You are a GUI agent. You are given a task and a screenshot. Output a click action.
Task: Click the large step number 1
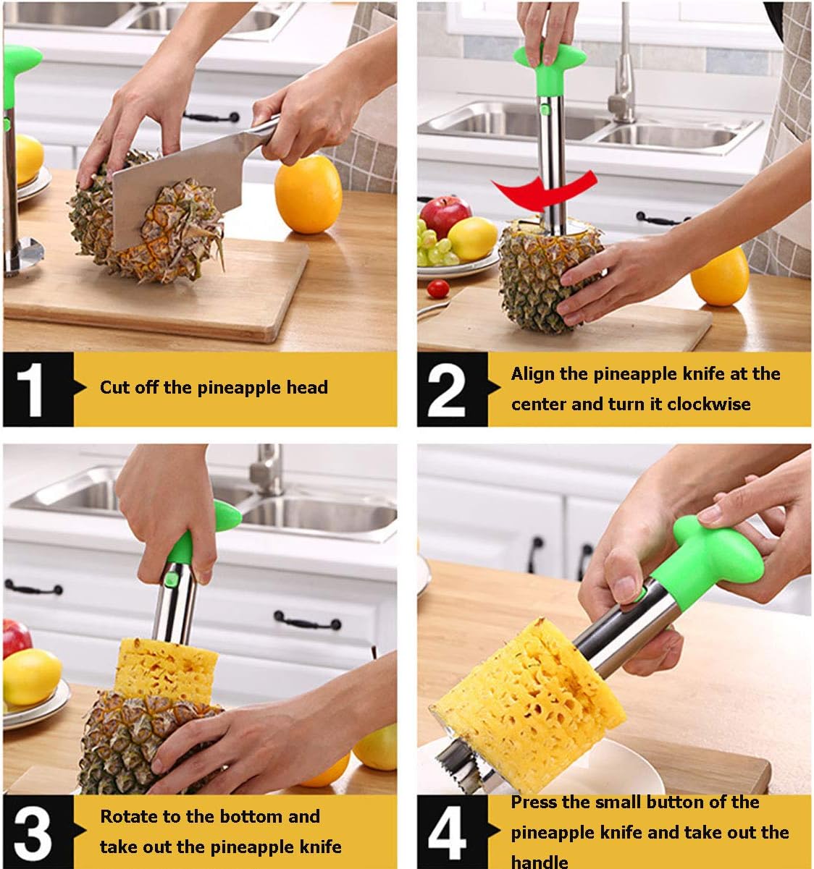pos(30,389)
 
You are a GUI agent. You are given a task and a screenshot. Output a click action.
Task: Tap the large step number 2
pos(446,389)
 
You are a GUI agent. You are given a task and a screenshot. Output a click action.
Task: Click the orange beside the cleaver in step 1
pos(308,195)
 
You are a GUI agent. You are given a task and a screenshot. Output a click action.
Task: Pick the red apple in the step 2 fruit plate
pos(445,216)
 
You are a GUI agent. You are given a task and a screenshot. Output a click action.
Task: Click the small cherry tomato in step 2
pos(438,289)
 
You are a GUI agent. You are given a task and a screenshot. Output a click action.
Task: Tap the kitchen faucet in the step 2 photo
pos(622,66)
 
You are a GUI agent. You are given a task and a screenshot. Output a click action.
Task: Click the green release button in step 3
pos(172,580)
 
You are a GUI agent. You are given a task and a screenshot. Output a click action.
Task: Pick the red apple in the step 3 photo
pos(17,639)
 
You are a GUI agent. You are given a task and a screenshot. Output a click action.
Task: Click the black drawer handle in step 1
pos(211,116)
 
